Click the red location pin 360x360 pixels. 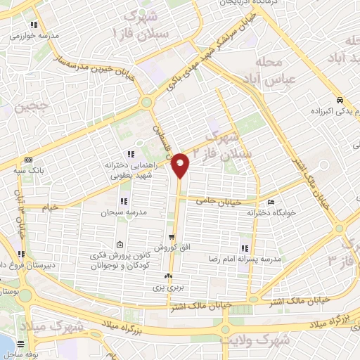point(181,165)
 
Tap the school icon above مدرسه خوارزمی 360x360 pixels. point(33,25)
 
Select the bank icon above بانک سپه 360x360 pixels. point(28,160)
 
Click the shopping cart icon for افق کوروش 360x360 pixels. point(172,237)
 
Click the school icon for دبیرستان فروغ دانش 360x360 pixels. point(22,254)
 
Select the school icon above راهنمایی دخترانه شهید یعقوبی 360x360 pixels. point(130,154)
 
